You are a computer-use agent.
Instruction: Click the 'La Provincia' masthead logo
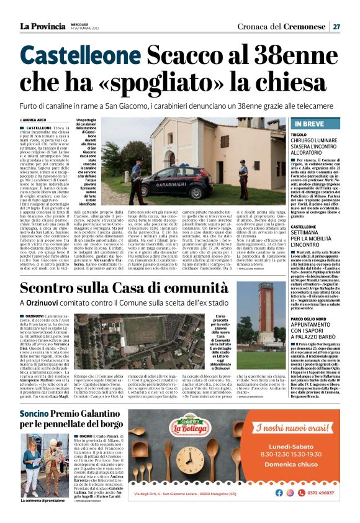[42, 26]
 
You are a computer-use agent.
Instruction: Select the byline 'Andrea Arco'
[35, 120]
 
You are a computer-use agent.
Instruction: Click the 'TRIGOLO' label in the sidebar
[299, 134]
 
